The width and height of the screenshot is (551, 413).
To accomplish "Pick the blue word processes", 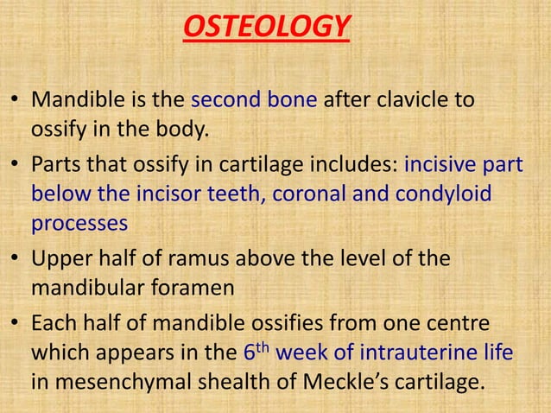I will tap(79, 222).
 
